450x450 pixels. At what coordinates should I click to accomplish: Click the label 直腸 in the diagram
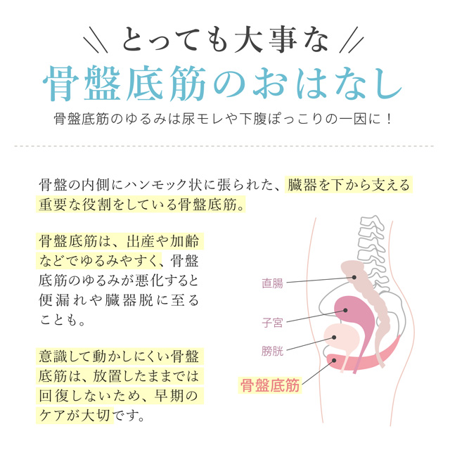(x=272, y=283)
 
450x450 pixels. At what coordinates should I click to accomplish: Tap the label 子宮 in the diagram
(x=272, y=323)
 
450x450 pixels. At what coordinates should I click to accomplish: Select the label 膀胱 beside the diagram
(x=272, y=351)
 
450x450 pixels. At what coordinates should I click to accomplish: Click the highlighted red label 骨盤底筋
(x=270, y=385)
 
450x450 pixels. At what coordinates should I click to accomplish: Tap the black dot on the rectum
(x=354, y=277)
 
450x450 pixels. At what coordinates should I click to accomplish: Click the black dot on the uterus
(x=345, y=310)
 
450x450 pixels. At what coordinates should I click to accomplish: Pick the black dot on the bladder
(x=334, y=337)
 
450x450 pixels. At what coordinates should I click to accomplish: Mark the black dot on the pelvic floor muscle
(x=333, y=361)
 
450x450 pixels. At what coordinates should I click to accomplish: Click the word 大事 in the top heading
(x=266, y=40)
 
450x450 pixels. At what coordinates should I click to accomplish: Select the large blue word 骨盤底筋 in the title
(x=124, y=84)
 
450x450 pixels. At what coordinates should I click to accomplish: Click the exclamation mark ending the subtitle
(x=389, y=119)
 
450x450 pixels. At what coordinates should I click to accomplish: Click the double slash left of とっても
(x=96, y=39)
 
